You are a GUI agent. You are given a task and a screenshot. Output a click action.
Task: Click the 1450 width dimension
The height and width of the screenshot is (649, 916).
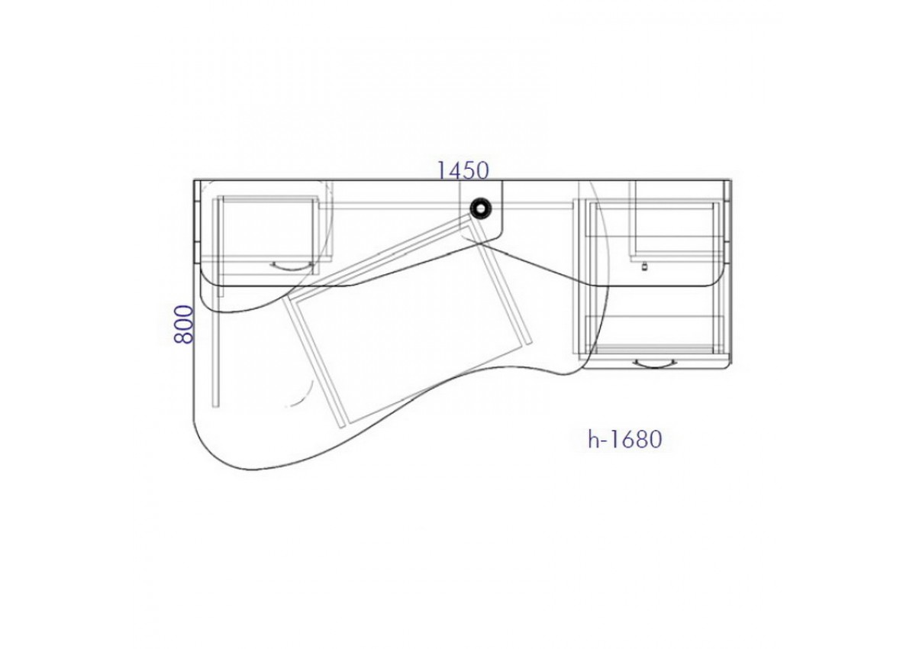(463, 170)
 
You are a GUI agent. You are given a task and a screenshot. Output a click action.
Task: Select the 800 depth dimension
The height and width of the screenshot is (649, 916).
(183, 324)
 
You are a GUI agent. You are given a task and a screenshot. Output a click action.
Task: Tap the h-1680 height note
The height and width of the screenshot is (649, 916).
(624, 439)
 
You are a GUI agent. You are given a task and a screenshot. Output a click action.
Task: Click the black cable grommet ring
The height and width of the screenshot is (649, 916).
(480, 209)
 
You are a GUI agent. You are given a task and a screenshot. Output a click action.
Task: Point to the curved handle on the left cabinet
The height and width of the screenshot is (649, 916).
(291, 266)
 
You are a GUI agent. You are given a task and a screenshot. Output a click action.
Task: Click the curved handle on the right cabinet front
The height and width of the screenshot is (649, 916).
(654, 363)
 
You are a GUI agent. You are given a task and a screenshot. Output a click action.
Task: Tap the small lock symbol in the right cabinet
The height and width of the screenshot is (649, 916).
(645, 267)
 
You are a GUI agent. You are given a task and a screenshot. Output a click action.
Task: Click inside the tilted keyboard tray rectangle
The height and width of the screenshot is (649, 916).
(409, 331)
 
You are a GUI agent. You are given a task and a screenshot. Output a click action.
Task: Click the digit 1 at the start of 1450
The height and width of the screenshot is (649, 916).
(442, 171)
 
